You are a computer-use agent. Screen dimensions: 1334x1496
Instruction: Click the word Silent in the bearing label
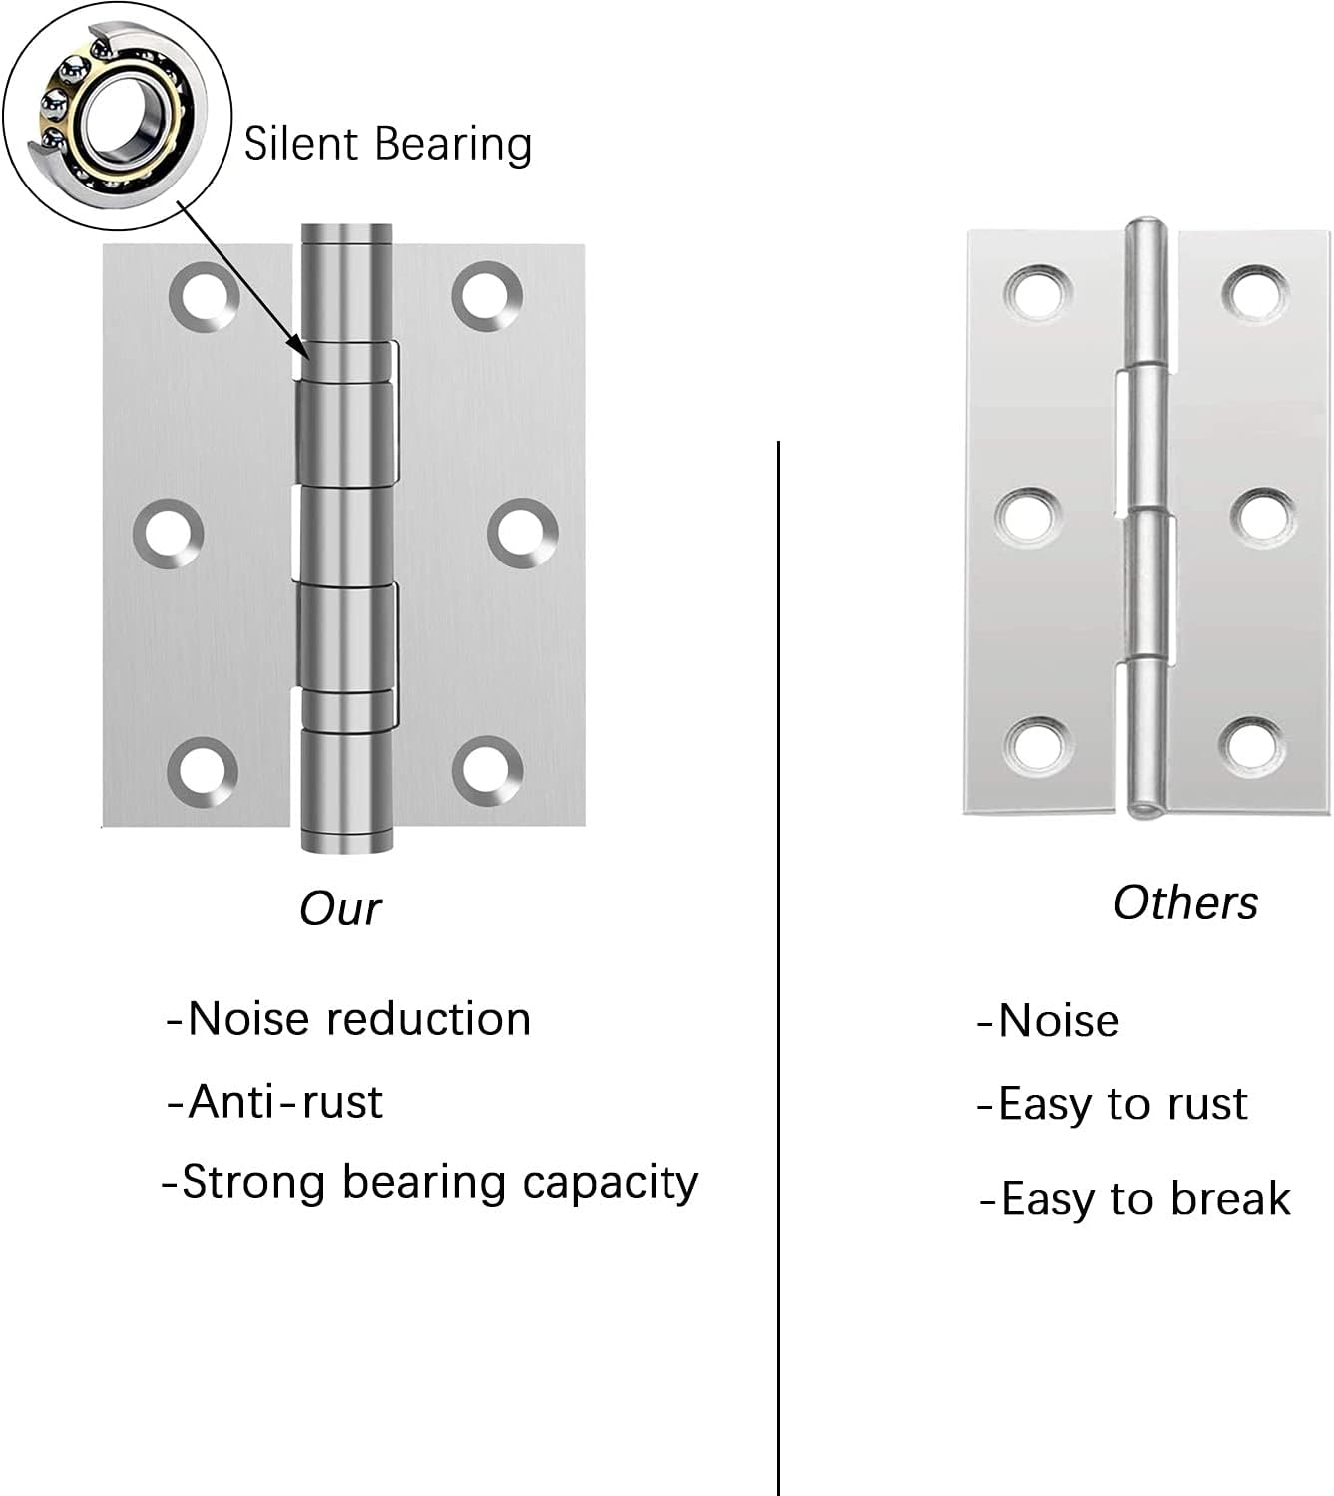tap(301, 144)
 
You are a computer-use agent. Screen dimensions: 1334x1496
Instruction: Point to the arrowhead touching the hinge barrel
tap(297, 345)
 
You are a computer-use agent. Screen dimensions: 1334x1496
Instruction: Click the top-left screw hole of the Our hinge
tap(204, 297)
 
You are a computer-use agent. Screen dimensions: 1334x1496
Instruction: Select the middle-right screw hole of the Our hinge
tap(522, 534)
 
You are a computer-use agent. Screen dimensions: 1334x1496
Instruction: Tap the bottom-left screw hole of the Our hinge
tap(203, 772)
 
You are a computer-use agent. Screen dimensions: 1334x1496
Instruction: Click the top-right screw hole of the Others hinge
tap(1255, 295)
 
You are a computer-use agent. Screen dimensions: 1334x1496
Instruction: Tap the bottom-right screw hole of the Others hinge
tap(1253, 747)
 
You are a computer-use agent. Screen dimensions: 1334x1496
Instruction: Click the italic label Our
tap(340, 909)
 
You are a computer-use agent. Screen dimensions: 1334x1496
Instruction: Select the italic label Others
tap(1185, 903)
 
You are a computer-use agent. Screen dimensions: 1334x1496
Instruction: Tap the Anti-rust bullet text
tap(274, 1103)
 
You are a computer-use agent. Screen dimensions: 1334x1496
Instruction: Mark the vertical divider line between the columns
tap(778, 968)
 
